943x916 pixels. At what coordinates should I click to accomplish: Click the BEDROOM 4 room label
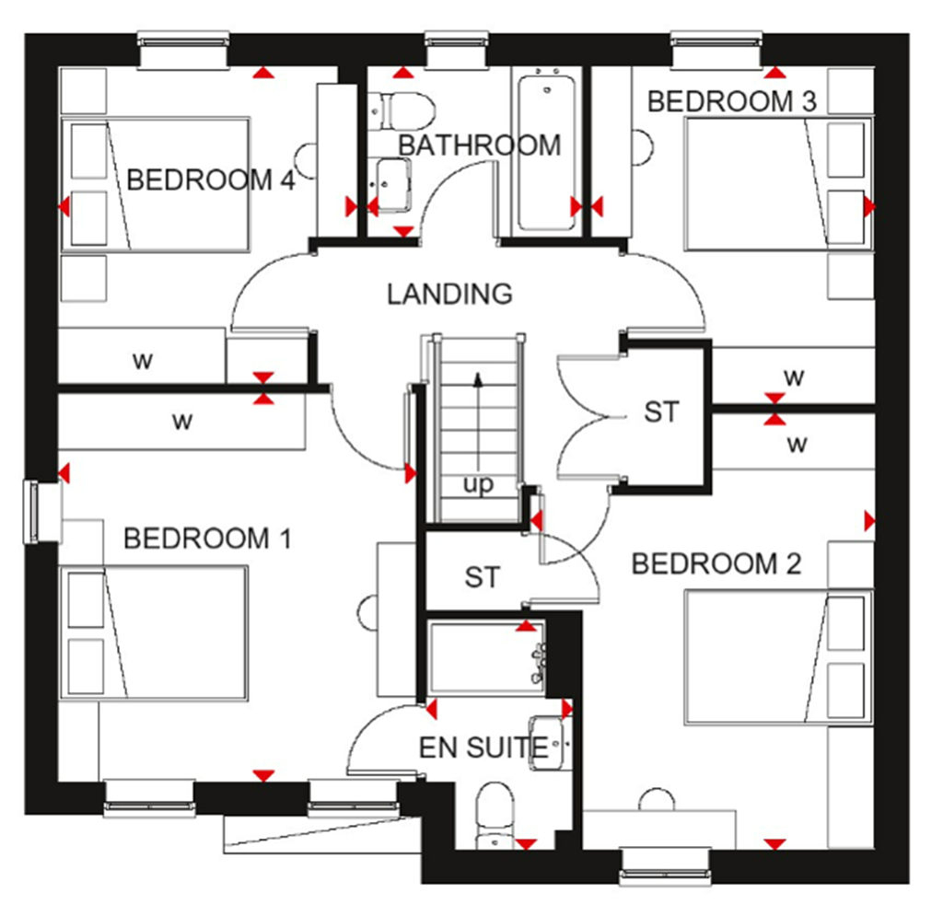[210, 180]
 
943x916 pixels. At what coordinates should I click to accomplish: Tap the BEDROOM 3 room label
[732, 101]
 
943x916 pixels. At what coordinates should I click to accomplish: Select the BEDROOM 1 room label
[207, 538]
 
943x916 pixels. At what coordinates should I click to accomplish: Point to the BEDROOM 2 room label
[716, 563]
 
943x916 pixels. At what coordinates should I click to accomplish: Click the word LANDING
[449, 295]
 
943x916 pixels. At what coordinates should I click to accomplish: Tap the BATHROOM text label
[479, 145]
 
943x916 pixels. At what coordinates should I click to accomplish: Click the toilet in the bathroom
[399, 110]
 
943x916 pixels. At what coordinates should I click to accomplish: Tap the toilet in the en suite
[497, 815]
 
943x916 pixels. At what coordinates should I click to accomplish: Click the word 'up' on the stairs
[478, 484]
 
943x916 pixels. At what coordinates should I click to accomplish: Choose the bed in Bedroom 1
[154, 633]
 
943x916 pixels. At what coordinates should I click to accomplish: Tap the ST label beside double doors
[660, 412]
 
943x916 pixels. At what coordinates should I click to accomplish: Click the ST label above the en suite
[482, 577]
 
